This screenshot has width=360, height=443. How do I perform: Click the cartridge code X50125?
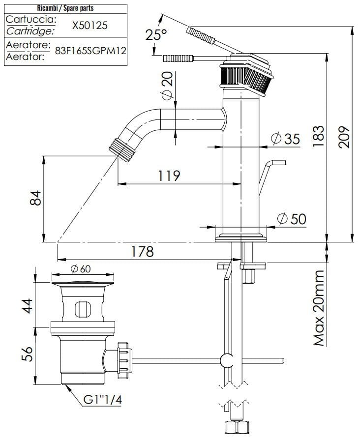point(90,26)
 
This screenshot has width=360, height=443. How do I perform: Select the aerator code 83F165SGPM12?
point(90,51)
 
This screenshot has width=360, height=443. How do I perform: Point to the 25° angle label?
point(156,35)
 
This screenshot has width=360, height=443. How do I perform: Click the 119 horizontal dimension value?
point(169,176)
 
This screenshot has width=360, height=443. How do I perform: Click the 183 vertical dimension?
point(318,136)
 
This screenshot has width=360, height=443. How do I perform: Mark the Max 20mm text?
point(319,308)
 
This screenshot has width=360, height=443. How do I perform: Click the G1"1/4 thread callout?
point(102,401)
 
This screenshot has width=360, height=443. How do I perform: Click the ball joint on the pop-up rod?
point(227,360)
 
